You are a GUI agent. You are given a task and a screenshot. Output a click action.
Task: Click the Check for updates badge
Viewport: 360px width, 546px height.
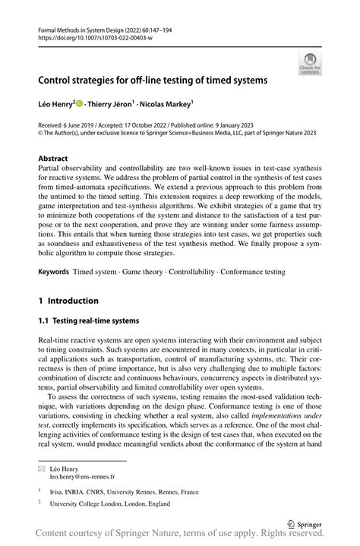tap(311, 64)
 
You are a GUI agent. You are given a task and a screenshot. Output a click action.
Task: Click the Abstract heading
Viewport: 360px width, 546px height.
tap(58, 159)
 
